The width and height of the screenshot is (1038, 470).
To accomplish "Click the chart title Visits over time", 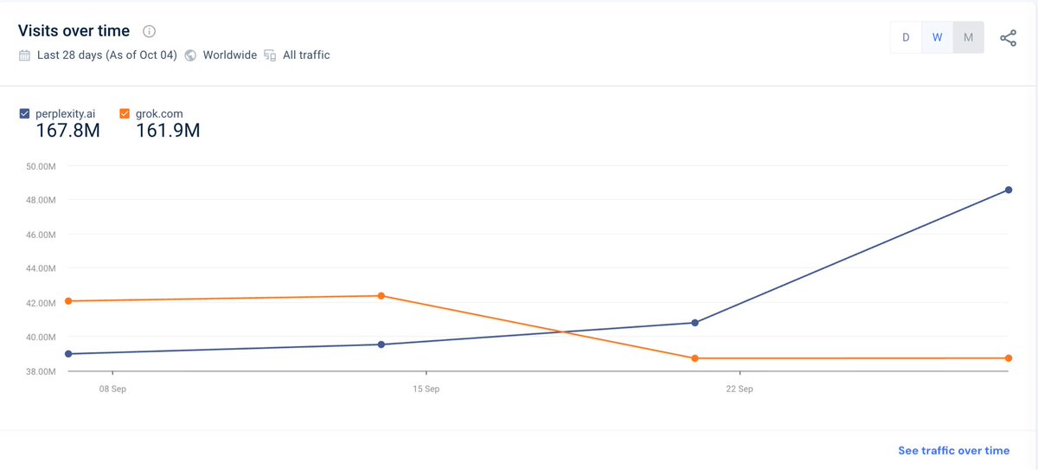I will (x=74, y=31).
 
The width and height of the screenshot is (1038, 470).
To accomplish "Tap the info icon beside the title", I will (x=149, y=32).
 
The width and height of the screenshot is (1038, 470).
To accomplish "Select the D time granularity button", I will (x=906, y=37).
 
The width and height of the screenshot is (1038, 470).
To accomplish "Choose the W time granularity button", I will (x=937, y=37).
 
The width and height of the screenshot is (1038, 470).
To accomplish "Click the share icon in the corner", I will (x=1008, y=38).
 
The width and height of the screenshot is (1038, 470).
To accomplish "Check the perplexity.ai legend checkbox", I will (x=24, y=113).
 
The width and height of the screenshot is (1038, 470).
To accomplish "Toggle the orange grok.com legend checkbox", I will (x=125, y=113).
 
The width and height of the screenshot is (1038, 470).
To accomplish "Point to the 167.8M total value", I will (x=67, y=131).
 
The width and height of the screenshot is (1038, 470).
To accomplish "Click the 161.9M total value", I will (x=168, y=131).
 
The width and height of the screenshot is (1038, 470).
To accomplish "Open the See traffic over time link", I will (x=953, y=450).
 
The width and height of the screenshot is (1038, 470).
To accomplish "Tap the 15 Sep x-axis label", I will (x=426, y=390).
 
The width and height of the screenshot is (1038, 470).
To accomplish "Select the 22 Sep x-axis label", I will (x=740, y=390).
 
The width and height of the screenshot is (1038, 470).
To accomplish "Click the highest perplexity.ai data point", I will (x=1009, y=190).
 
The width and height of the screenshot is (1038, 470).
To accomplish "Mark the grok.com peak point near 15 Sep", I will (x=381, y=296).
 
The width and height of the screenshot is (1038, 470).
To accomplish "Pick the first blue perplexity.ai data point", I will (x=68, y=353).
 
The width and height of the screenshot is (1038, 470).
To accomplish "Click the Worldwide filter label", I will (x=229, y=55).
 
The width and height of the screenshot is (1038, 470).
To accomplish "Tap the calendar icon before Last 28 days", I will (x=24, y=55).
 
